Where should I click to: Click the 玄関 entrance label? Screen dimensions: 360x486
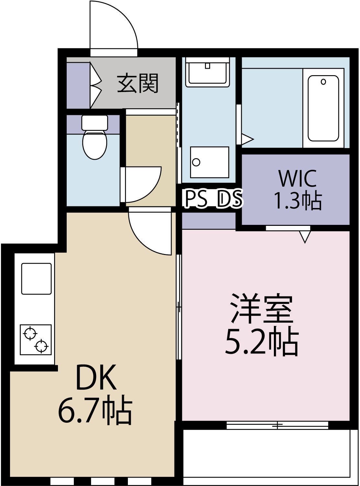click(138, 83)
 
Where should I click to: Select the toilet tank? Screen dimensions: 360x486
click(95, 123)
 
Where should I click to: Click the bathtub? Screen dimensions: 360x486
click(323, 109)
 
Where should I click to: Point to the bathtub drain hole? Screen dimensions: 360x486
click(323, 82)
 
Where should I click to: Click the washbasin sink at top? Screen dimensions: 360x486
click(208, 72)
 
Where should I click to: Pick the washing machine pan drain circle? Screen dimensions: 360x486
click(196, 162)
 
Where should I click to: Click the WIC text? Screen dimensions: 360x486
click(298, 178)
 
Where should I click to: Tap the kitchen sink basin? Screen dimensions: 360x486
click(36, 279)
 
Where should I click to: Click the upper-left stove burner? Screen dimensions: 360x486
click(30, 333)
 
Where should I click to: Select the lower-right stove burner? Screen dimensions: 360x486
click(41, 346)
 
